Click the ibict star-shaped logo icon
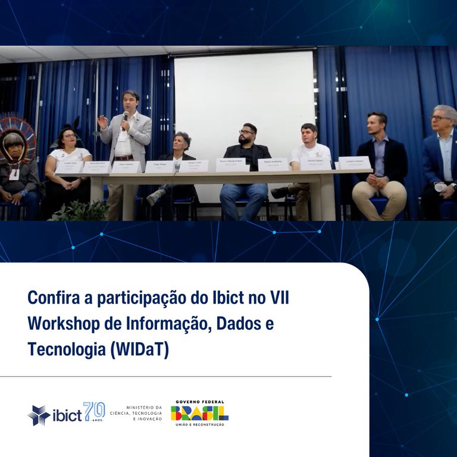[x=38, y=415]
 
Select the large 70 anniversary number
[x=94, y=411]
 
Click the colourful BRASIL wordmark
[x=199, y=412]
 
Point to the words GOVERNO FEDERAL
[x=199, y=400]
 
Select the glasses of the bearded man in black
[x=247, y=132]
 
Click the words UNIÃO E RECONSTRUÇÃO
[x=199, y=424]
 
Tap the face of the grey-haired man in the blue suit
[x=442, y=121]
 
